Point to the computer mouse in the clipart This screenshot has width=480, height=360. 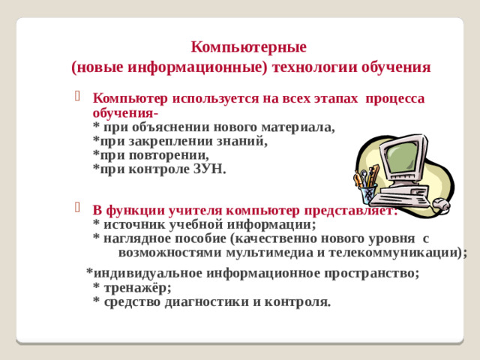[442, 203]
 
